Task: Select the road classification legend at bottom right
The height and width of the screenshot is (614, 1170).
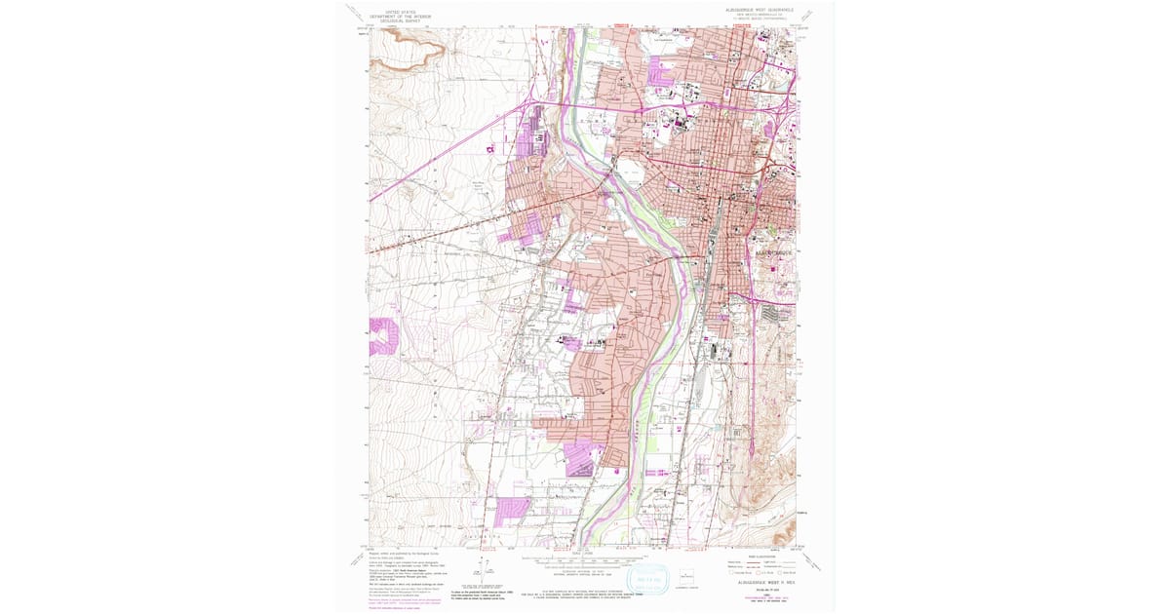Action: point(761,565)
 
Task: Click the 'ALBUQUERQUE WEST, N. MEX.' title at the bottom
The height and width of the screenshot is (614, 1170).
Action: point(761,581)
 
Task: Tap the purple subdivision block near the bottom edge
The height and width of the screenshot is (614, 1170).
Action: point(511,511)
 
